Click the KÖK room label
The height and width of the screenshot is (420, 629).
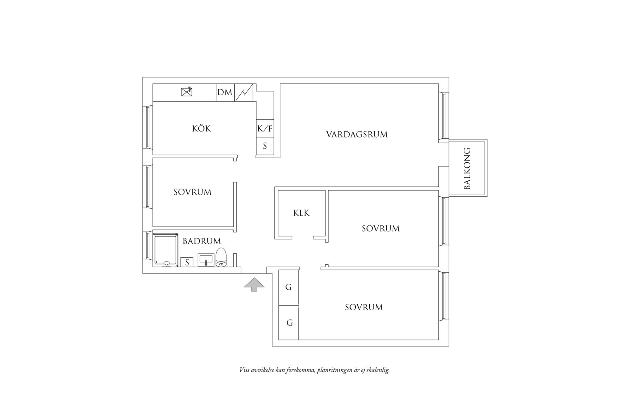(x=201, y=128)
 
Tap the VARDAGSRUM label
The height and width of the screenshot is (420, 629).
(x=357, y=134)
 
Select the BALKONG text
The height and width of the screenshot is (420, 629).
(x=467, y=168)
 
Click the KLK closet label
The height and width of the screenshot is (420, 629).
(x=301, y=213)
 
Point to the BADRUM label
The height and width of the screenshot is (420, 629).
(x=201, y=241)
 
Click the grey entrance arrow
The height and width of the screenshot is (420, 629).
(x=254, y=284)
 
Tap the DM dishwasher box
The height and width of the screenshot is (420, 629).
(x=225, y=92)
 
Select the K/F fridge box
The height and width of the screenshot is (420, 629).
(x=265, y=129)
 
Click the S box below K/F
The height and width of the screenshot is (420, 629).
(x=265, y=146)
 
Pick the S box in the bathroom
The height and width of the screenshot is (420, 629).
(x=187, y=262)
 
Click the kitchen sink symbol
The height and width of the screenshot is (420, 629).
(x=187, y=92)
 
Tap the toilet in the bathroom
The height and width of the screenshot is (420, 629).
(x=221, y=257)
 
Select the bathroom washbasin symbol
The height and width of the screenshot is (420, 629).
(x=206, y=260)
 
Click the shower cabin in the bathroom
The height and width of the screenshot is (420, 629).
(x=165, y=249)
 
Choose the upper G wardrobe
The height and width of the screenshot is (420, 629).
(x=288, y=287)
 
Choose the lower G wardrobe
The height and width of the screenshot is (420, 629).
(x=289, y=323)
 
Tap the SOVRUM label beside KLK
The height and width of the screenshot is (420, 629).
(x=381, y=229)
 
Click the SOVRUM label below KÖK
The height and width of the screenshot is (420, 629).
(x=192, y=192)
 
